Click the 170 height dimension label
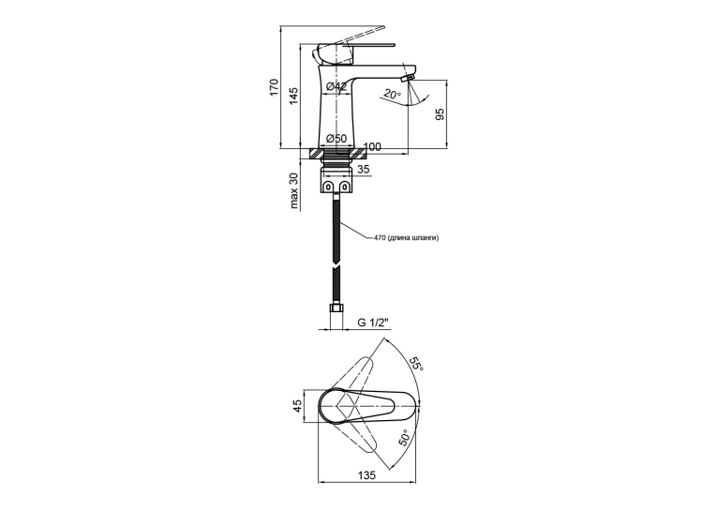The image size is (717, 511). point(274,87)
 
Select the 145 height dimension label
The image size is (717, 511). point(293,96)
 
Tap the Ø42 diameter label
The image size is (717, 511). point(336,86)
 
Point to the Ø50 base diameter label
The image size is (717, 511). point(336,138)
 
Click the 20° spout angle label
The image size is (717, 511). point(392,95)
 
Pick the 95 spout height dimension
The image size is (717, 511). point(440,114)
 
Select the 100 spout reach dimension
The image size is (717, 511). point(373,147)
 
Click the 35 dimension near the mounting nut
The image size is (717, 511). point(363,170)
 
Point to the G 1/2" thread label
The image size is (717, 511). point(373,323)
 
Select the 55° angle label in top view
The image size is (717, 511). point(416,363)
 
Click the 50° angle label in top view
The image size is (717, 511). point(405,438)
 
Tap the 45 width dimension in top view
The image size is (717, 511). point(297,405)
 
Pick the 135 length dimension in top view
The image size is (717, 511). point(366,475)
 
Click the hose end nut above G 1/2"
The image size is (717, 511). point(336,309)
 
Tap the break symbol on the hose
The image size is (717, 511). point(336,265)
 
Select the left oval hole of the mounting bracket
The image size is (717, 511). point(329,187)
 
